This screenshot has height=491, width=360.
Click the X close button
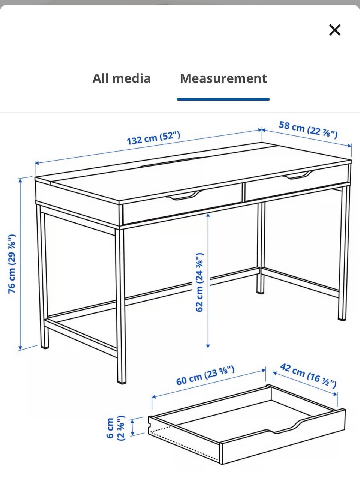click(335, 30)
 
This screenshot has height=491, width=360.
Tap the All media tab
click(121, 78)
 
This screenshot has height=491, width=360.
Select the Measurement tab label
click(223, 78)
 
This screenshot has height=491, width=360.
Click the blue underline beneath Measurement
click(223, 99)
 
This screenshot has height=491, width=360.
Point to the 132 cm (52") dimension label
click(153, 138)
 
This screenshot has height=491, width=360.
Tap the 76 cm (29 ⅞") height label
click(12, 264)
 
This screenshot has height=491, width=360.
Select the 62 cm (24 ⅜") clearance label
click(199, 282)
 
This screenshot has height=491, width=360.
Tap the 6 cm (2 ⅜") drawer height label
click(116, 428)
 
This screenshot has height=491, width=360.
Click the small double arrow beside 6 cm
click(132, 428)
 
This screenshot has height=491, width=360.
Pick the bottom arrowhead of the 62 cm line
click(208, 346)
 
